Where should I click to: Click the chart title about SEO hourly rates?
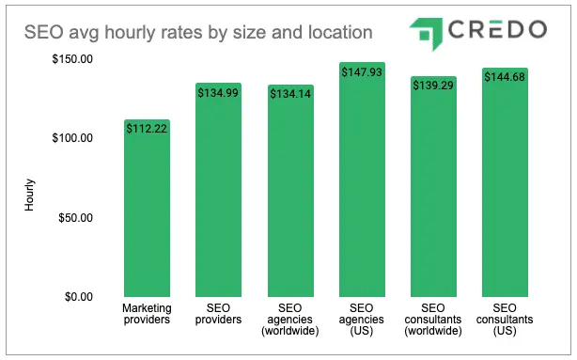(x=197, y=33)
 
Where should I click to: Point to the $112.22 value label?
(x=147, y=130)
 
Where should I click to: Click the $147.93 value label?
(x=361, y=73)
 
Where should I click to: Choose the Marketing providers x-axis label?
(x=147, y=313)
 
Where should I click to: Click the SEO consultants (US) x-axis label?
(x=505, y=319)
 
